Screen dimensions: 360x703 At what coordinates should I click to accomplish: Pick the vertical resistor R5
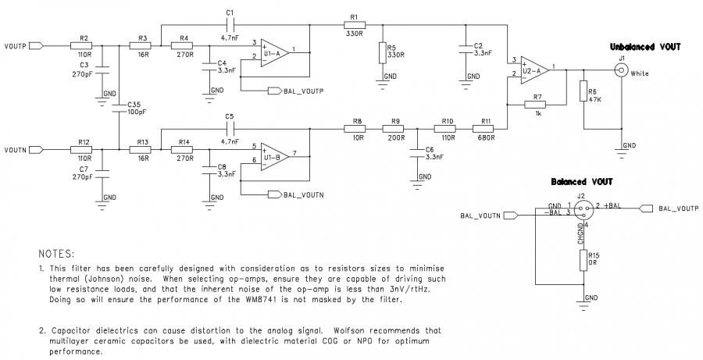point(382,53)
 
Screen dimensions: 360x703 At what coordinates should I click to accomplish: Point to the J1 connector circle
point(623,70)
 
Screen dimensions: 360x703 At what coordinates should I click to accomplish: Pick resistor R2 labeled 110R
point(84,45)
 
